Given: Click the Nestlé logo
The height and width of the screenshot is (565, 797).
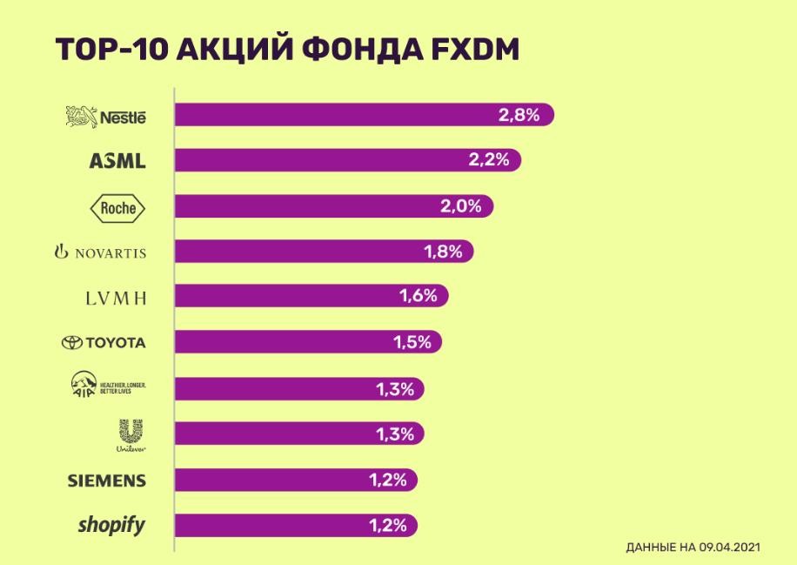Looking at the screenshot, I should [106, 116].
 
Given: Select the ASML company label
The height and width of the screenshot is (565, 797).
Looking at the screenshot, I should [117, 162].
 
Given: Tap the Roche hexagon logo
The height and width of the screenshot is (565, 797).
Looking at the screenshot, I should [118, 207].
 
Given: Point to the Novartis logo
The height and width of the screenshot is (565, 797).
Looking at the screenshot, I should [100, 252].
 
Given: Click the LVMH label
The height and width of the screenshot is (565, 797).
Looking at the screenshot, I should [115, 298].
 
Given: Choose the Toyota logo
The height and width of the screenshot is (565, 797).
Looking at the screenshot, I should [104, 343].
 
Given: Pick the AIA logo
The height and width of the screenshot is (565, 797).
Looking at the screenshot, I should [103, 387].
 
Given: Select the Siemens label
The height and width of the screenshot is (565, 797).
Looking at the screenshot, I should [107, 481].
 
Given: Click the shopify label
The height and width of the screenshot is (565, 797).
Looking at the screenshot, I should [111, 525].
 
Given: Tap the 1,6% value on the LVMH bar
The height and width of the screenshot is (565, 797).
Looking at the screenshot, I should [417, 297].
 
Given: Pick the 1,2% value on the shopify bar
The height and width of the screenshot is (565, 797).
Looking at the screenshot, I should [385, 525].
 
